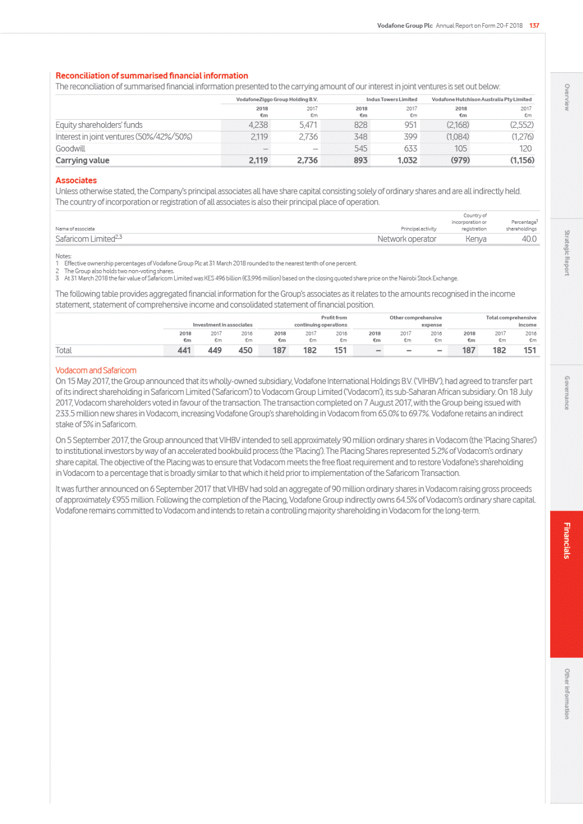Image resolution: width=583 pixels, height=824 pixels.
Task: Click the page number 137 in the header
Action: [534, 25]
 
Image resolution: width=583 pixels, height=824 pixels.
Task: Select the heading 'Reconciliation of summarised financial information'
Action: [152, 76]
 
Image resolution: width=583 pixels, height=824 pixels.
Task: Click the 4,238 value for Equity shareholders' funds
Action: [258, 125]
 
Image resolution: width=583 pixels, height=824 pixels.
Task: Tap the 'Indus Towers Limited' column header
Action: [392, 99]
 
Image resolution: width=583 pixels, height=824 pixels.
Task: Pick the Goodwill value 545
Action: [360, 149]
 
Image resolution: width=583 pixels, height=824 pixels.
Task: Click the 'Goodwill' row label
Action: [70, 149]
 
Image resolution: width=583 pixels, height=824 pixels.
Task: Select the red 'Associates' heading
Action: [76, 180]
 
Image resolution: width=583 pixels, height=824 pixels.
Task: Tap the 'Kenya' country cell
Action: [476, 239]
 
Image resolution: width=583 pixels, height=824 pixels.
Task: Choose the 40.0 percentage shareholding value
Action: [529, 239]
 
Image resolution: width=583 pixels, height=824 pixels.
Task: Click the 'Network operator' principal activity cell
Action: [407, 239]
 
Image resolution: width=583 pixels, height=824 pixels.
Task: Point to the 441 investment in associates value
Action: [184, 350]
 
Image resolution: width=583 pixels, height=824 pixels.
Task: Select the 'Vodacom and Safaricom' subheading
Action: [96, 370]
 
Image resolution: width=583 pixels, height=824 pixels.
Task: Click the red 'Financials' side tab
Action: [567, 541]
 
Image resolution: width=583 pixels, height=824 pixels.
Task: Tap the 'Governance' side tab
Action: [567, 393]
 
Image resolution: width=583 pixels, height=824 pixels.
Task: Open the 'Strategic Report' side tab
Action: [567, 253]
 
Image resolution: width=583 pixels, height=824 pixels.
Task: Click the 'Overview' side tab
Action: [567, 97]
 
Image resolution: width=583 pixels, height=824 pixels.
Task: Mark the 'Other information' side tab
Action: [567, 693]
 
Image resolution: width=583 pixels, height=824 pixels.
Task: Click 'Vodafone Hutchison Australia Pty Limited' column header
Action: [481, 99]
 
